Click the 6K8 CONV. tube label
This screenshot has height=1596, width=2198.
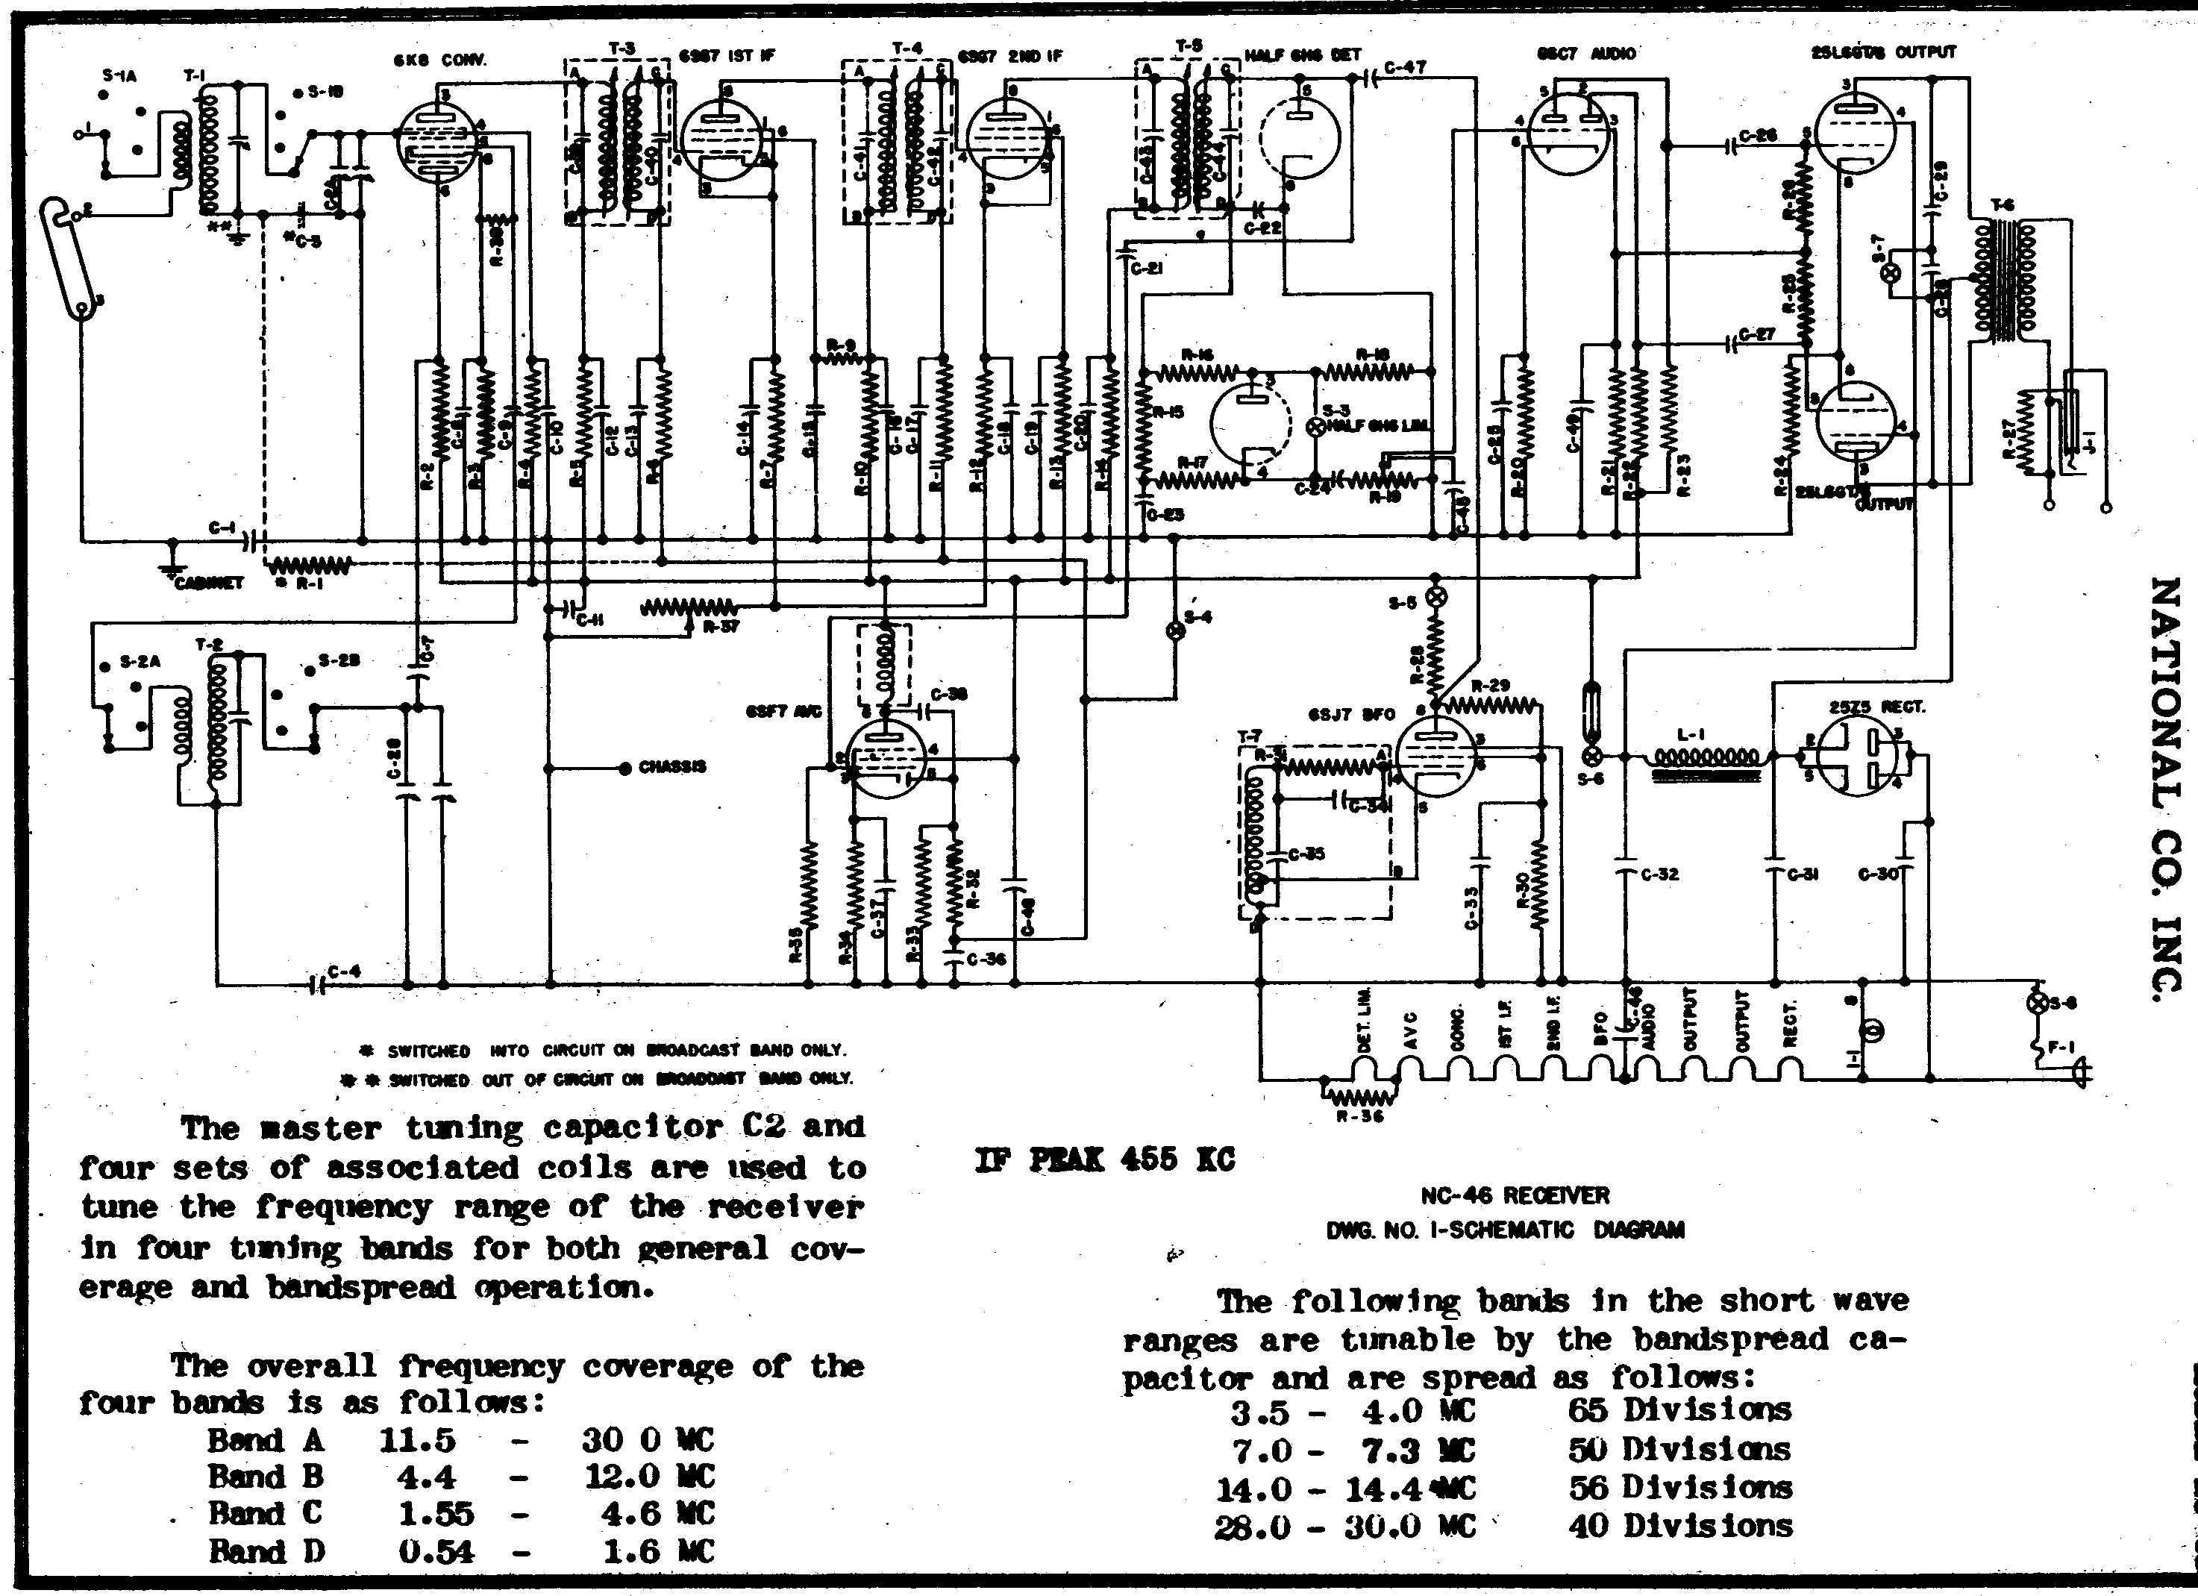click(x=448, y=60)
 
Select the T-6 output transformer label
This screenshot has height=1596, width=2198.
click(x=2003, y=205)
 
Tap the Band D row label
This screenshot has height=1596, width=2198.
click(x=266, y=1551)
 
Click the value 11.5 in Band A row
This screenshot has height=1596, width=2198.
click(x=418, y=1441)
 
